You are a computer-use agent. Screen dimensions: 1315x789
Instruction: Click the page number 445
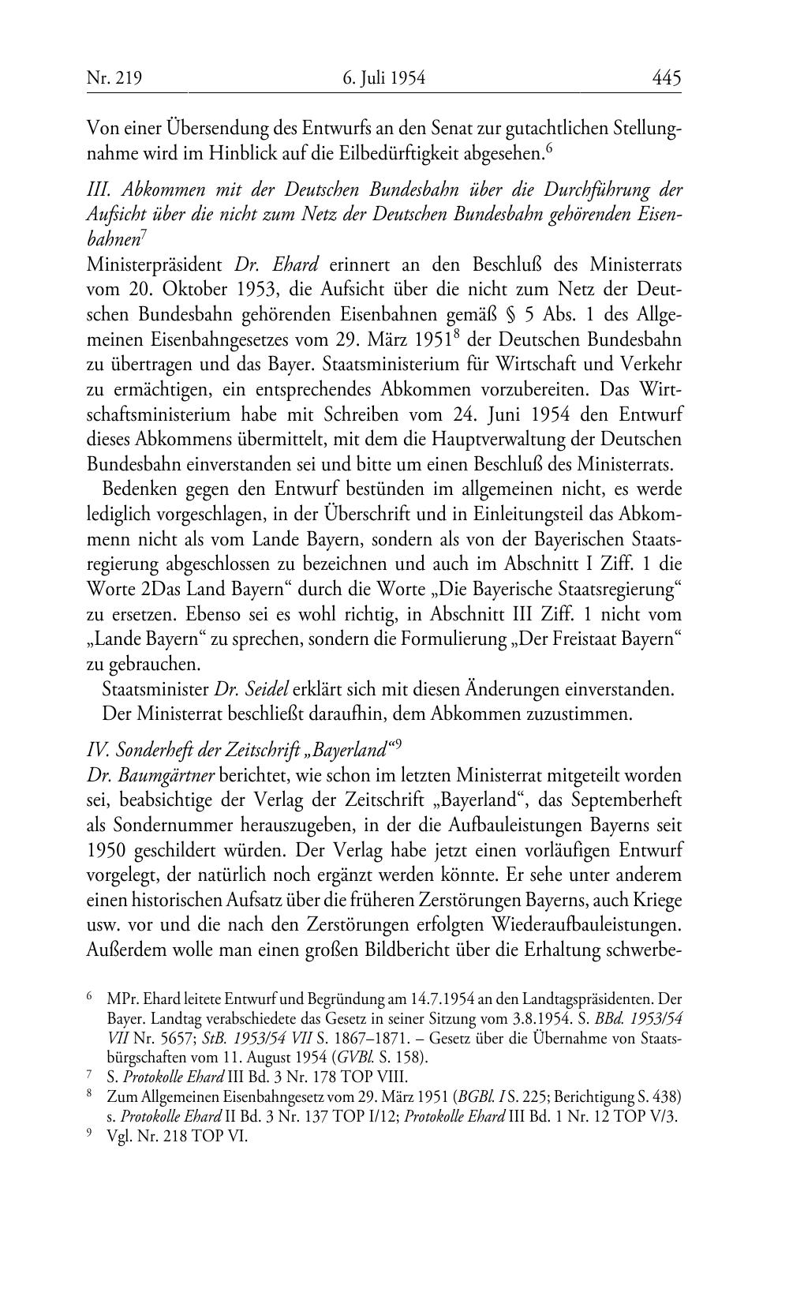point(666,78)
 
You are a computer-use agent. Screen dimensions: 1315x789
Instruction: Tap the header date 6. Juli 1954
point(384,78)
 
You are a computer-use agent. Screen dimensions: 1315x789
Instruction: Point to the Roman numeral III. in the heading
point(99,191)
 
